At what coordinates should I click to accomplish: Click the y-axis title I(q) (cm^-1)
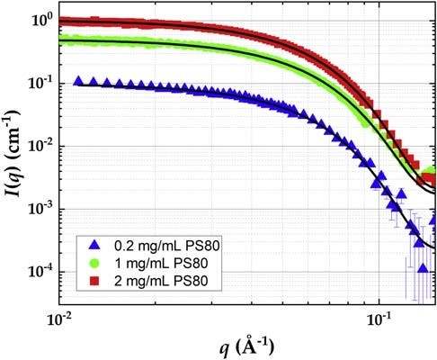[13, 154]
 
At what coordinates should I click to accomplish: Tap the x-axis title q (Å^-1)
[246, 346]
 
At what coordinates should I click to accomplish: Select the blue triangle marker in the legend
[94, 245]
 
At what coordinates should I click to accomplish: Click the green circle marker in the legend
[94, 263]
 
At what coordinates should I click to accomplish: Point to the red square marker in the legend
[94, 281]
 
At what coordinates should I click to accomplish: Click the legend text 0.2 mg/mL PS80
[167, 246]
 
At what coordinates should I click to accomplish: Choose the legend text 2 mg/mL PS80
[161, 282]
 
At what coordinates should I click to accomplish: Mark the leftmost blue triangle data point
[78, 80]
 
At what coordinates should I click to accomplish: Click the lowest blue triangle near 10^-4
[423, 268]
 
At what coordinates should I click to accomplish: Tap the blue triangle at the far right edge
[433, 220]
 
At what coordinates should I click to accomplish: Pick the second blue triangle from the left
[94, 81]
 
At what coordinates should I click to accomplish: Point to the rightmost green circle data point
[432, 171]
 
